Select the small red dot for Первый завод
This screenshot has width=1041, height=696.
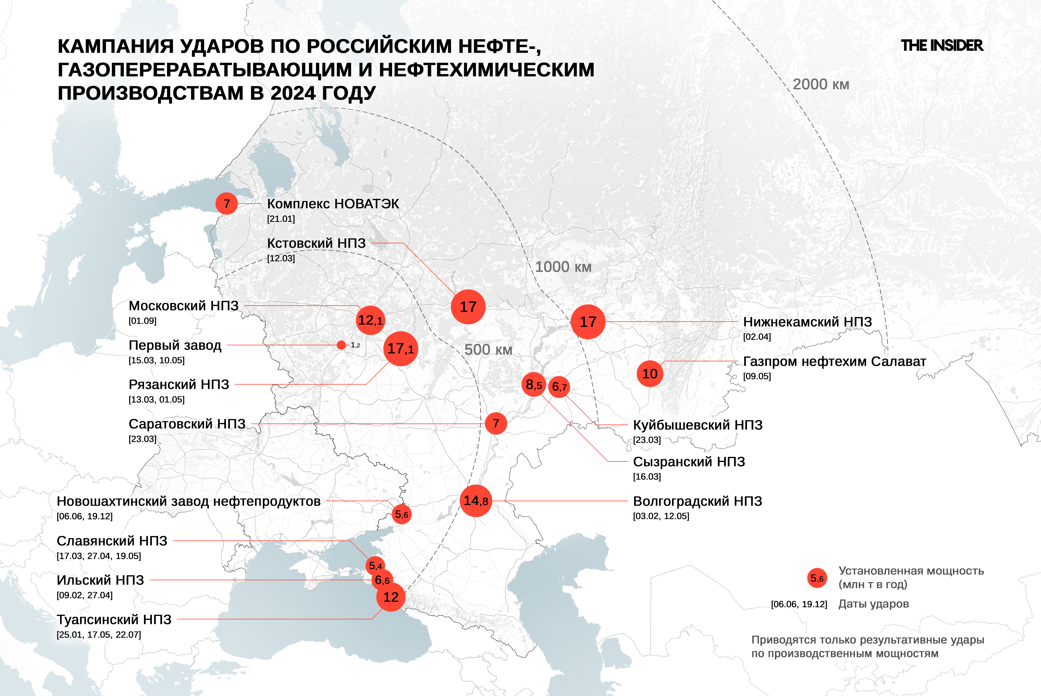pyautogui.click(x=341, y=345)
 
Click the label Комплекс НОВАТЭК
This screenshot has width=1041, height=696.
pyautogui.click(x=333, y=204)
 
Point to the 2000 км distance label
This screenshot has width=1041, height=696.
pyautogui.click(x=821, y=84)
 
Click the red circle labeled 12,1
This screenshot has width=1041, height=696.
pyautogui.click(x=370, y=320)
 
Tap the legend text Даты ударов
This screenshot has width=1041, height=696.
pyautogui.click(x=873, y=604)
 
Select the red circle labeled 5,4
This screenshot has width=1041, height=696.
pyautogui.click(x=375, y=565)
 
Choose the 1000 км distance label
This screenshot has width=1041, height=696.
pyautogui.click(x=563, y=267)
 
